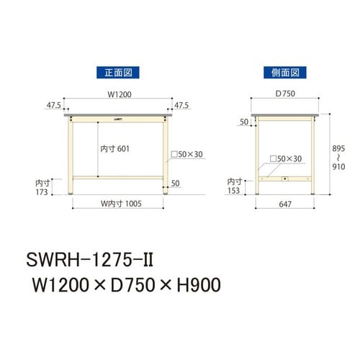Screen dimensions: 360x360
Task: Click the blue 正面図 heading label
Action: [x=117, y=72]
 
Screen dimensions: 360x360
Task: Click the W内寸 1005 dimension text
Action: [x=119, y=204]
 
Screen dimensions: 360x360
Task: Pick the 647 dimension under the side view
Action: [x=284, y=204]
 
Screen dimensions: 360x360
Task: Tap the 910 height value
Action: [x=338, y=165]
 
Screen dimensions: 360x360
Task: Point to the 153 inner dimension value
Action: [x=235, y=192]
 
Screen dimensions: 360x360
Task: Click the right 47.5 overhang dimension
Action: [x=181, y=105]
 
